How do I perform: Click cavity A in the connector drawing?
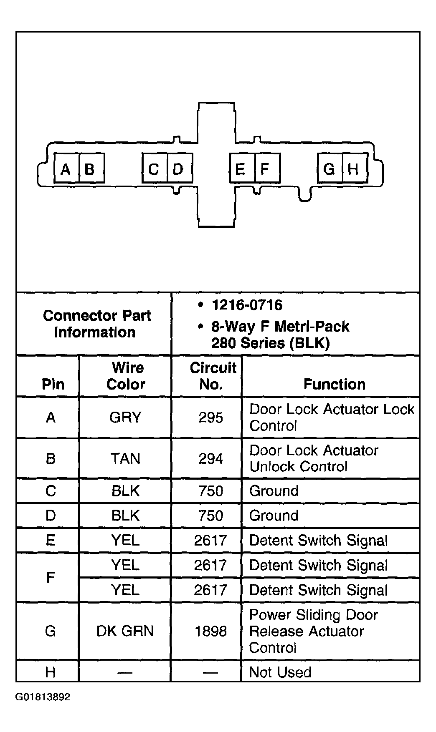point(66,169)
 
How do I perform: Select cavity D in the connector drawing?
point(179,169)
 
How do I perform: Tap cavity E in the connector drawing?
point(241,169)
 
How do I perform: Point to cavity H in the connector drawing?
point(354,169)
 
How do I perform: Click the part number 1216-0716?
point(247,305)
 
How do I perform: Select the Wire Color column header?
point(126,376)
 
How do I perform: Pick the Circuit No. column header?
point(212,376)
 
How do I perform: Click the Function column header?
point(334,384)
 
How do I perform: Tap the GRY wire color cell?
point(125,417)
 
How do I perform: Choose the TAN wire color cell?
point(125,458)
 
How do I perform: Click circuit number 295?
point(210,417)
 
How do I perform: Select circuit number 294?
point(210,458)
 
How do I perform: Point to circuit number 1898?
point(210,631)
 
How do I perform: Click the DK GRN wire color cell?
point(125,631)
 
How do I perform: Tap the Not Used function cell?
point(280,672)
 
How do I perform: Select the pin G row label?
point(50,631)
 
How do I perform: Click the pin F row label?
point(50,577)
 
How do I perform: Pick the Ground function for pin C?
point(274,491)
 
